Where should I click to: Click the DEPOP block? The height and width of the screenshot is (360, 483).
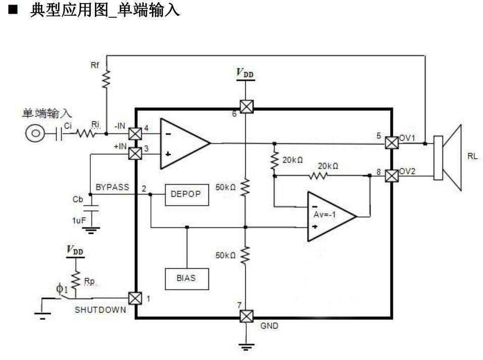click(186, 195)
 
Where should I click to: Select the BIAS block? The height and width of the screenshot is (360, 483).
click(186, 278)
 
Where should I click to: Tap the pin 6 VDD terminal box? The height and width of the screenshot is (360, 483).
click(245, 107)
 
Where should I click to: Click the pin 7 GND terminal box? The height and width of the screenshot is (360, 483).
click(245, 317)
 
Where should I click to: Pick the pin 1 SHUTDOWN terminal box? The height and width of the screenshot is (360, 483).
click(135, 298)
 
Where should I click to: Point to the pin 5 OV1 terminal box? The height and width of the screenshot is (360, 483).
click(391, 143)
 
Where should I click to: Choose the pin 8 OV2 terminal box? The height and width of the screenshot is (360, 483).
click(391, 176)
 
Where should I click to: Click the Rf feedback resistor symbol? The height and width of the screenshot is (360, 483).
click(106, 78)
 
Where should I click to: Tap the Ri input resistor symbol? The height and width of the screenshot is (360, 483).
click(86, 134)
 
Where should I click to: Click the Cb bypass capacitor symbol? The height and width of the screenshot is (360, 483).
click(91, 208)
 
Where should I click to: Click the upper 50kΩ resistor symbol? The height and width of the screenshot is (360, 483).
click(245, 188)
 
